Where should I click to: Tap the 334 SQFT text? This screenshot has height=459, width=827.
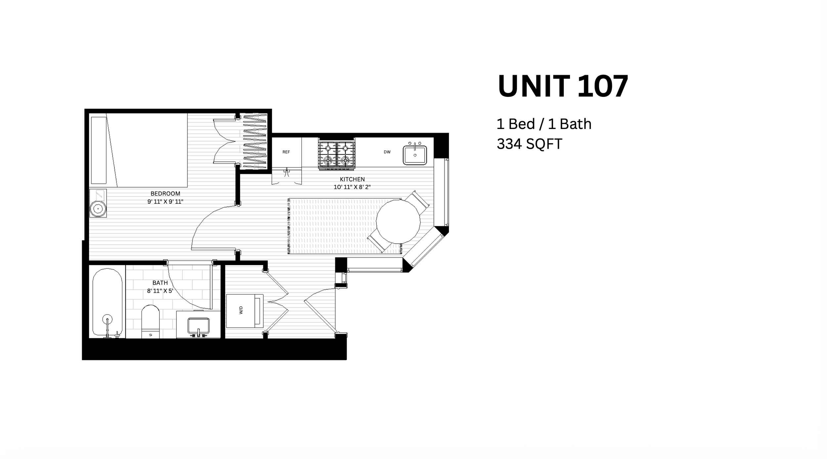click(x=529, y=144)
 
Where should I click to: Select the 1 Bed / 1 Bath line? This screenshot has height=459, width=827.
click(x=544, y=124)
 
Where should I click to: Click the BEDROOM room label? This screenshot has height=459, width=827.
click(x=165, y=193)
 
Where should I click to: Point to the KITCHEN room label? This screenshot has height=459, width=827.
click(x=352, y=179)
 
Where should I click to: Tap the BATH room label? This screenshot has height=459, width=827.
click(x=160, y=283)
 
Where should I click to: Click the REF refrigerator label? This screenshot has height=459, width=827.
click(x=286, y=152)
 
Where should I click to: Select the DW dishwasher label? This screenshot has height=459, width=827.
click(x=387, y=152)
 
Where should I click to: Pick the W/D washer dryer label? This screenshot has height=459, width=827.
click(x=241, y=310)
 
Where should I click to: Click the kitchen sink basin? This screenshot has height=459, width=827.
click(x=415, y=155)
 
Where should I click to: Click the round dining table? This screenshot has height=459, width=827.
click(x=398, y=221)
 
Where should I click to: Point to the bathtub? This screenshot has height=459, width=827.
click(x=107, y=302)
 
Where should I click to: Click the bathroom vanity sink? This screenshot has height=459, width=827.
click(x=198, y=325)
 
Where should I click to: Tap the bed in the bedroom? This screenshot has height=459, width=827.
click(x=139, y=150)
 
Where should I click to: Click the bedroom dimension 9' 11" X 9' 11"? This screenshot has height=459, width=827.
click(x=165, y=201)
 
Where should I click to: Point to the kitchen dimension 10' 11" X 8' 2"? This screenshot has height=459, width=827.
click(x=352, y=187)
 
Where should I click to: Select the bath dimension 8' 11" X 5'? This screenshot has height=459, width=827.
click(x=160, y=291)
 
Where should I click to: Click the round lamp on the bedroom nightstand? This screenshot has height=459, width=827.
click(x=98, y=209)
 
